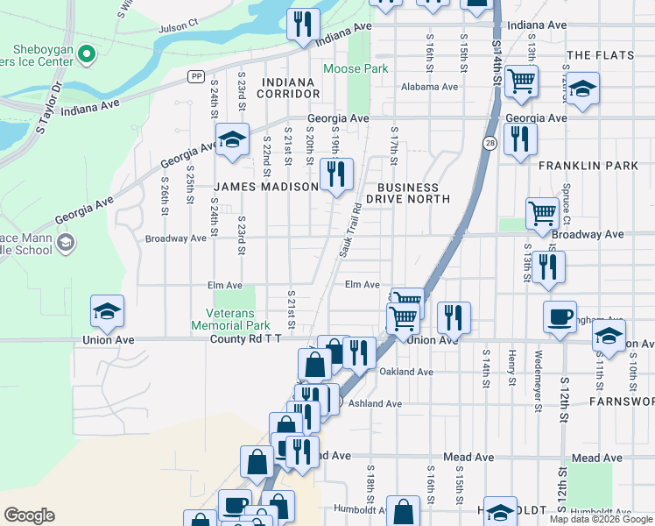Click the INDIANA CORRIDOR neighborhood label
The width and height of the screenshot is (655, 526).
[288, 88]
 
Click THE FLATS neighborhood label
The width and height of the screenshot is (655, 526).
[600, 55]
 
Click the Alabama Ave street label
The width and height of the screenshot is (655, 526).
[429, 88]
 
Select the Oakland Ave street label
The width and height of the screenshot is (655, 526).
[406, 372]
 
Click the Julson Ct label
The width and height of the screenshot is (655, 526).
[179, 28]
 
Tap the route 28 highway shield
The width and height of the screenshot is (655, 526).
[489, 143]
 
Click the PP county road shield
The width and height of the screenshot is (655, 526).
[194, 77]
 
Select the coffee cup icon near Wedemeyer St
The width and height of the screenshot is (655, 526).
[560, 316]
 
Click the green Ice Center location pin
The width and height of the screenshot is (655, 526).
[86, 54]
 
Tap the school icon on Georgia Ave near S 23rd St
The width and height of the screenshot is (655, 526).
[232, 140]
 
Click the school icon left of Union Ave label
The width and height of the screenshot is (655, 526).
[107, 311]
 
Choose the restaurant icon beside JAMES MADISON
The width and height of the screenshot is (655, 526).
[335, 174]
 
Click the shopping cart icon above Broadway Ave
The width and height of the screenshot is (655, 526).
[542, 211]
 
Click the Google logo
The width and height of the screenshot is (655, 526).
[29, 515]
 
